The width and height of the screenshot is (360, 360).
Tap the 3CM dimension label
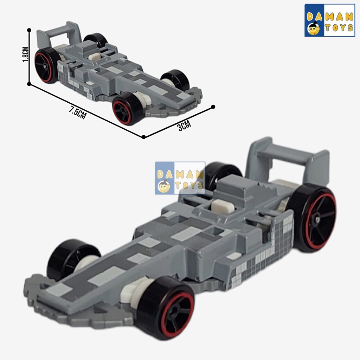(x=184, y=126)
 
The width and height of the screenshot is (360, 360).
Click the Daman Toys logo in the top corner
(x=330, y=20)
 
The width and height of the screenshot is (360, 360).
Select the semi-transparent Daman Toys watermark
(x=180, y=178)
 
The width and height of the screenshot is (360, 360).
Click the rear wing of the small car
(x=59, y=34)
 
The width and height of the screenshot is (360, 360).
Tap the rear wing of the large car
(x=288, y=161)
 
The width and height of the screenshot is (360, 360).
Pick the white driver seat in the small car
(x=95, y=57)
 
